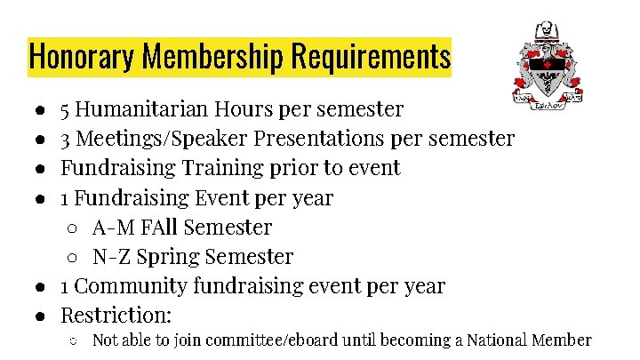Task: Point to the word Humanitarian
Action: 141,109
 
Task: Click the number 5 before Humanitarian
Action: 66,109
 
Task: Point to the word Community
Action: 132,286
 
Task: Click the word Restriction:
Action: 116,316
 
